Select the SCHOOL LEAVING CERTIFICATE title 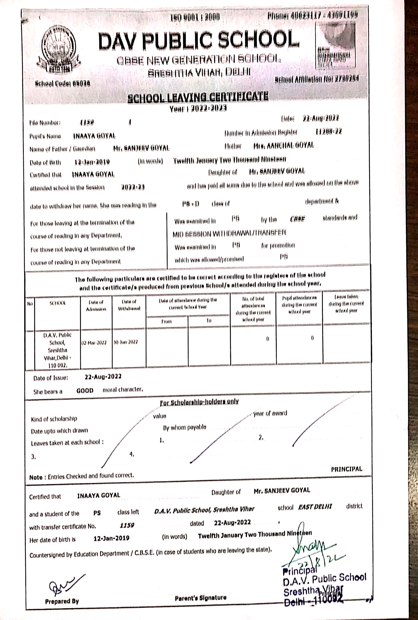[x=198, y=97]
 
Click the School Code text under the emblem [x=63, y=84]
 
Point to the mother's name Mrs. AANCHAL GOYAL [x=284, y=145]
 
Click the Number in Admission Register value [x=328, y=132]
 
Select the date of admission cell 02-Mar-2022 [x=94, y=342]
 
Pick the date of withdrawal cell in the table [x=126, y=342]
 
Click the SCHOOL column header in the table [x=58, y=303]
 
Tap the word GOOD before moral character [x=85, y=391]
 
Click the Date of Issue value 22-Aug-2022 [x=103, y=376]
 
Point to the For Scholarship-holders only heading [x=199, y=402]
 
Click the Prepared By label [x=62, y=601]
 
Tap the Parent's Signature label [x=201, y=598]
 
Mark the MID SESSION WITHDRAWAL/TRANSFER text [x=229, y=233]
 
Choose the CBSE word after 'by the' [x=297, y=219]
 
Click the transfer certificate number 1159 [x=127, y=525]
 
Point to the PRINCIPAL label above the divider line [x=346, y=469]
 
